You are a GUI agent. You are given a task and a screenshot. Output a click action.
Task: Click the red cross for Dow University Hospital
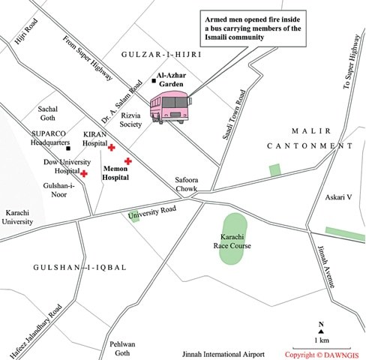(x=85, y=173)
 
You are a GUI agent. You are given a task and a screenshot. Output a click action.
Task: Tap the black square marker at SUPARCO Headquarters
(x=69, y=148)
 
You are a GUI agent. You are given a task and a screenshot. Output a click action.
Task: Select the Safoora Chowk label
(x=186, y=184)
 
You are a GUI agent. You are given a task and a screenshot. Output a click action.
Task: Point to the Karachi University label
(x=17, y=217)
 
